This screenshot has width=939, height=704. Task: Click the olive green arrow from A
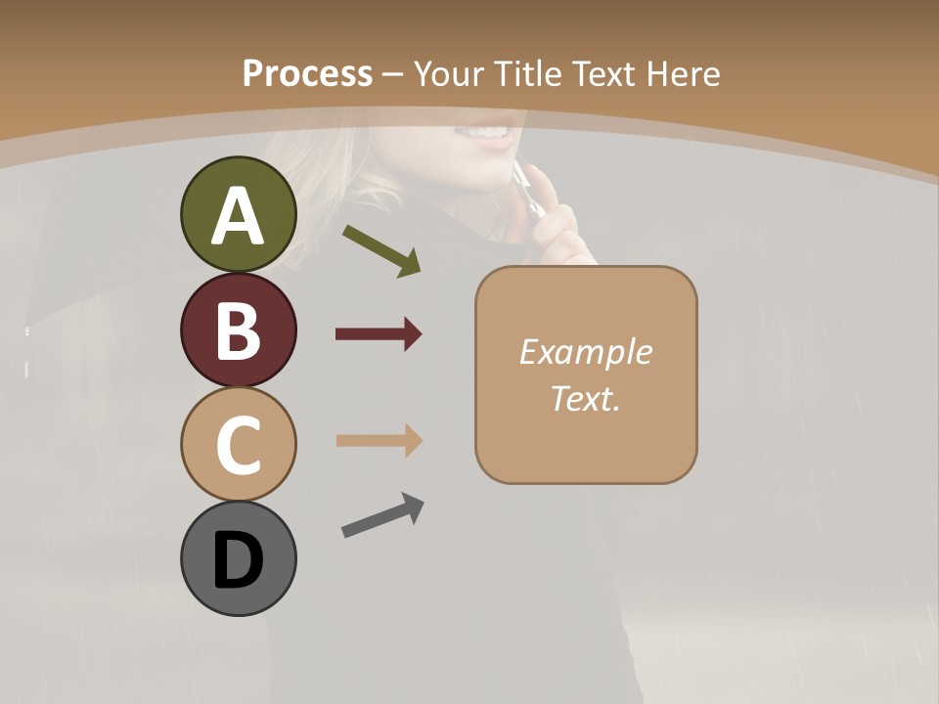click(381, 249)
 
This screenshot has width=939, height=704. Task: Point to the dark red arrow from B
click(379, 334)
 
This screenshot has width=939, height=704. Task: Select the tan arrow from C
click(379, 440)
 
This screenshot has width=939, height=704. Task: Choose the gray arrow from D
click(382, 515)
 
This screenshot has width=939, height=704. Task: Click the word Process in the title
click(307, 74)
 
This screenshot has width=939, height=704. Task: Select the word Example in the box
click(585, 352)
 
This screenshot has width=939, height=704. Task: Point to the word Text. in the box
click(585, 398)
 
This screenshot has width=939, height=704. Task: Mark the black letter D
click(238, 561)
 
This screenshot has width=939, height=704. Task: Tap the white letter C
click(238, 446)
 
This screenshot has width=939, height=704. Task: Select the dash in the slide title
click(393, 74)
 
